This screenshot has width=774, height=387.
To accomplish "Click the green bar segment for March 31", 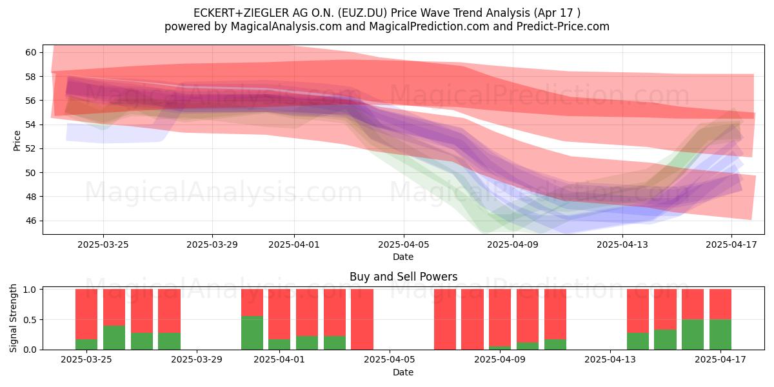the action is coord(252,333).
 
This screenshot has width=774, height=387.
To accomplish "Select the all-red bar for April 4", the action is coord(362,319).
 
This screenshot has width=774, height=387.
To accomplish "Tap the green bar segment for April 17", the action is coord(720,335).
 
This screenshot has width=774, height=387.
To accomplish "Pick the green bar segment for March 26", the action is coord(114,337).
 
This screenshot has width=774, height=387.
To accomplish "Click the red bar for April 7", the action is coord(445,319).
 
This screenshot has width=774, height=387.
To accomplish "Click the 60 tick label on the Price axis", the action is coord(31,52).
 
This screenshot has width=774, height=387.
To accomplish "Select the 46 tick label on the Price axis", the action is coord(31,221).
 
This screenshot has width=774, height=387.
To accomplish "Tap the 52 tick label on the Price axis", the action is coord(31,148).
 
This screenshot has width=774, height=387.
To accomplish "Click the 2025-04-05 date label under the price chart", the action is coord(404,244).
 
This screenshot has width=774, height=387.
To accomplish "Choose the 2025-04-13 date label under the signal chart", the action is coord(610,360).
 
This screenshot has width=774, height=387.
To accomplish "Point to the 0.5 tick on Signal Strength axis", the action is coord(31,320).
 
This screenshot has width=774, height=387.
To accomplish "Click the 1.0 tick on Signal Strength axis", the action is coord(31,290).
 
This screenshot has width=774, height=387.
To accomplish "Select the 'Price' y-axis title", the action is coord(17,141).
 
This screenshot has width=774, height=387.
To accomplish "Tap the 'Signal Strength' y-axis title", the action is coord(13,319).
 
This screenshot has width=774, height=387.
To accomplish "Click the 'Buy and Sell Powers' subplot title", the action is coord(404,277).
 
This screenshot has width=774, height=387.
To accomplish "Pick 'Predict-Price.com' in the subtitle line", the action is coord(563,26).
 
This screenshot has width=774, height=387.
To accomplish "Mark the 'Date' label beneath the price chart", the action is coord(403,257).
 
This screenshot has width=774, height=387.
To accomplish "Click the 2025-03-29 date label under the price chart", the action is coord(212,244).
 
